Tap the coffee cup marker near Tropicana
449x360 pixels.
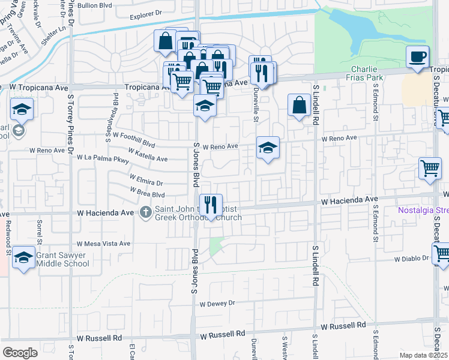pyautogui.click(x=418, y=58)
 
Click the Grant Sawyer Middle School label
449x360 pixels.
pyautogui.click(x=61, y=259)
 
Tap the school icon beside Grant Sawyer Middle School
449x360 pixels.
pyautogui.click(x=23, y=257)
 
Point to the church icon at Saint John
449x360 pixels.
pyautogui.click(x=146, y=212)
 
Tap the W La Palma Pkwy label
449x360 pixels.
pyautogui.click(x=103, y=158)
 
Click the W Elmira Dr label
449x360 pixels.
pyautogui.click(x=146, y=181)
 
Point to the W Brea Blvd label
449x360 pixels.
pyautogui.click(x=148, y=193)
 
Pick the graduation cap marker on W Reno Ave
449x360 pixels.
pyautogui.click(x=268, y=147)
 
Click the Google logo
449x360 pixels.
pyautogui.click(x=20, y=352)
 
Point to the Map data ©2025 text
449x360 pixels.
pyautogui.click(x=422, y=355)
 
